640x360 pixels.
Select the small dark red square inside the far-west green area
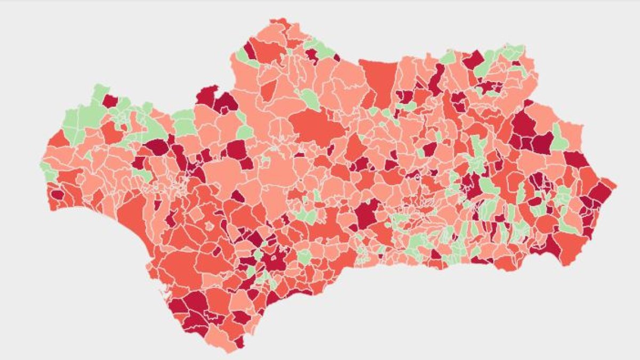109,101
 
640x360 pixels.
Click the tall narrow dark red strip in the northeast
437,80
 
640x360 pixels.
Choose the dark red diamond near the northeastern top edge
474,60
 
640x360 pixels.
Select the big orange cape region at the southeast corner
572,246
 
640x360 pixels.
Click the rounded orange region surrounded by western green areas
111,132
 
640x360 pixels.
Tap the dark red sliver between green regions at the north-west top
249,50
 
